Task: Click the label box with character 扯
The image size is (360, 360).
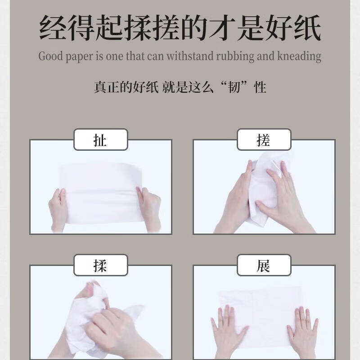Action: pyautogui.click(x=101, y=140)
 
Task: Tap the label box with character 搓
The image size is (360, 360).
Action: pyautogui.click(x=264, y=140)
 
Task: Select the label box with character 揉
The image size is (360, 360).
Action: pyautogui.click(x=101, y=265)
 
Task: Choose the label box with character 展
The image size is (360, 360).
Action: pyautogui.click(x=264, y=265)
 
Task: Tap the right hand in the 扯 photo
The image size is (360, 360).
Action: pyautogui.click(x=148, y=208)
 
